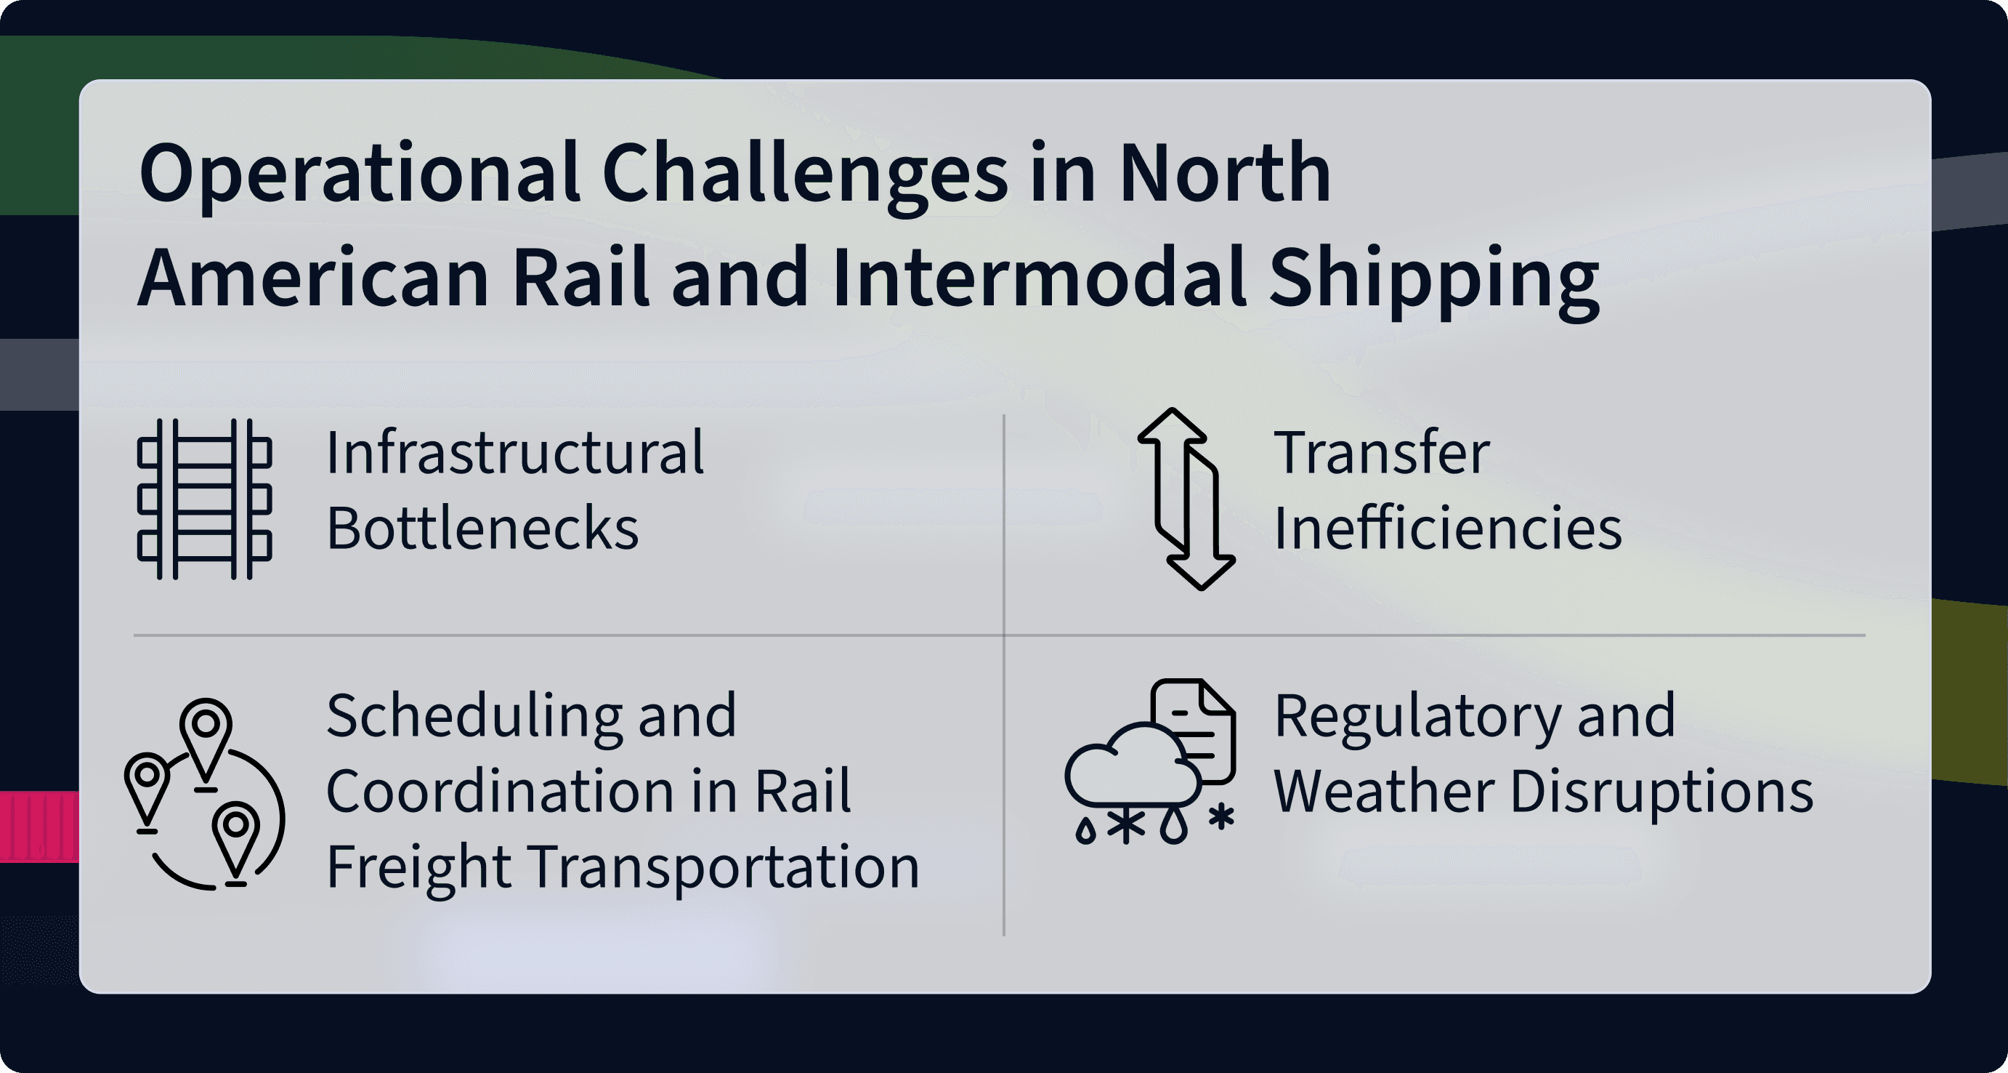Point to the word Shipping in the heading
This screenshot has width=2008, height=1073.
coord(1434,280)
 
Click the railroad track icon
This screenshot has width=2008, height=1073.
coord(204,499)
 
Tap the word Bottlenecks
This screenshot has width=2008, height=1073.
coord(482,528)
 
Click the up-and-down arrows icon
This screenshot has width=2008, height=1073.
coord(1186,499)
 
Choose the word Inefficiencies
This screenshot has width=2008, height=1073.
coord(1448,528)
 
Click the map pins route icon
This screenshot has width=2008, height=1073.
coord(205,794)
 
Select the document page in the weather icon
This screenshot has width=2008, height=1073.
coord(1194,730)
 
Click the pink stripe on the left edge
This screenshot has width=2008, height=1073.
coord(39,827)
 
